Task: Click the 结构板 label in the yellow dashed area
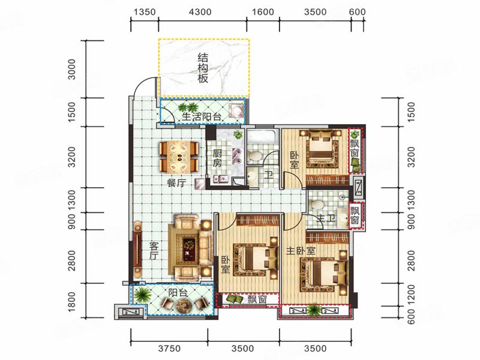(202, 68)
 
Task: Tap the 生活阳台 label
(202, 116)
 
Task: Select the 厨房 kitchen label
(217, 158)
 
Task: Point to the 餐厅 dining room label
(176, 183)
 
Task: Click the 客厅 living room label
(154, 251)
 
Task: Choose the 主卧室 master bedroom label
(301, 251)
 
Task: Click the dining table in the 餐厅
(178, 157)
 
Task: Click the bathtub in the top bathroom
(263, 137)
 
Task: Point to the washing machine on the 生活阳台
(237, 110)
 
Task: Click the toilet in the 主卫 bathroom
(317, 203)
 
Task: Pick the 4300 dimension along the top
(200, 12)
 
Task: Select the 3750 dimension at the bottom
(169, 348)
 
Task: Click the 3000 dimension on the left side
(71, 69)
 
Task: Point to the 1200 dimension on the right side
(411, 294)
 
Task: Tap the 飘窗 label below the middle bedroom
(257, 299)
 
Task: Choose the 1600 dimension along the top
(263, 12)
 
